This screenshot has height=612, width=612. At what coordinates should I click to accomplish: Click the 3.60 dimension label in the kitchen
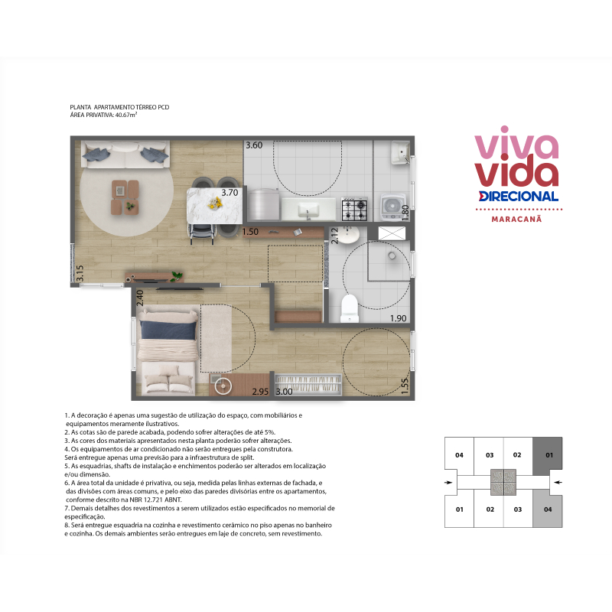254,145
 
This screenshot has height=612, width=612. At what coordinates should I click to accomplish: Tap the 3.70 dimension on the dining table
229,193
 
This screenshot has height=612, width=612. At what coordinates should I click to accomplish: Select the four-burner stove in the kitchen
354,209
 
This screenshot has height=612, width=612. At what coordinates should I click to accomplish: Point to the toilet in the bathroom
350,308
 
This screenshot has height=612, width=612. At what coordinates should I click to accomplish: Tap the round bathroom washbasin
348,235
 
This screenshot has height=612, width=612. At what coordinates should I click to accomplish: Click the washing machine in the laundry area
393,207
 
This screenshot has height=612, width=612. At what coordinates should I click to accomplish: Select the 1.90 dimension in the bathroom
398,318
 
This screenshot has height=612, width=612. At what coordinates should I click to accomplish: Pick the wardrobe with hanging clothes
308,385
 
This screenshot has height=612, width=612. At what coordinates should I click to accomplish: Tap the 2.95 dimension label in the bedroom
260,392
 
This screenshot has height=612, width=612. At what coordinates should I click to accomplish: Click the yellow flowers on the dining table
215,202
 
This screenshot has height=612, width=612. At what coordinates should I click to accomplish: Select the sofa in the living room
125,155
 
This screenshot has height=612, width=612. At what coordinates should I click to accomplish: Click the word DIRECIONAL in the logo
519,197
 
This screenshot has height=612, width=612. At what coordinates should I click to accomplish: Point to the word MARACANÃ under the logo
516,219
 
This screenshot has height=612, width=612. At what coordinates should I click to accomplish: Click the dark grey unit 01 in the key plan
548,455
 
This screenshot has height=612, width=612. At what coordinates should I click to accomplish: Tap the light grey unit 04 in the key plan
548,509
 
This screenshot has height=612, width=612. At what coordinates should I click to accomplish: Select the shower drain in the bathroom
392,256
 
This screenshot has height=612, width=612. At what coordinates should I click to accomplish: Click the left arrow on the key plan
448,483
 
